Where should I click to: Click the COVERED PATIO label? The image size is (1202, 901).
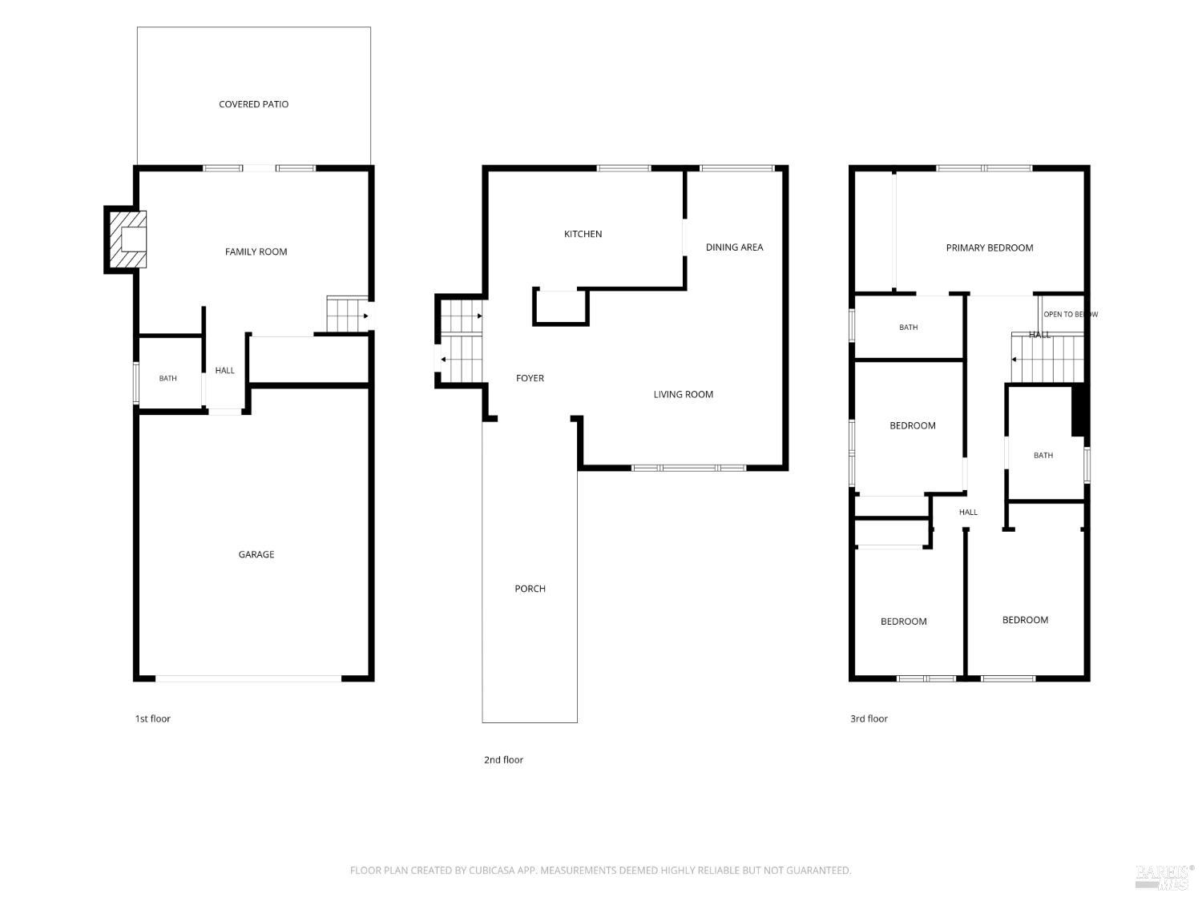coord(253,104)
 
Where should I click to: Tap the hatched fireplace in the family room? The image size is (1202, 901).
coord(128,239)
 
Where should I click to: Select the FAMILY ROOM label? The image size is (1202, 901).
coord(256,251)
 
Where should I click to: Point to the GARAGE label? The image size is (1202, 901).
coord(256,554)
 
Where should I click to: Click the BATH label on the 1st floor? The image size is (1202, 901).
coord(167,378)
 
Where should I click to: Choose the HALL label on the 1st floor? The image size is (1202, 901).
coord(224,370)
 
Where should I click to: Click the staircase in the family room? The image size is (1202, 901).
coord(347,313)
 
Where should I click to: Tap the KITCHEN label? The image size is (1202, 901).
coord(583,234)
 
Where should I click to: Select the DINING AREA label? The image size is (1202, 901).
coord(734,247)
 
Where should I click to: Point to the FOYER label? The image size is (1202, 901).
coord(530,378)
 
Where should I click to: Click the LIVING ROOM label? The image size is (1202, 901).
coord(683,394)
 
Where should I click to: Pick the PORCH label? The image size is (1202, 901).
coord(530,589)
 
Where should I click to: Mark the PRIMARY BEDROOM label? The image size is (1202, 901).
coord(989,247)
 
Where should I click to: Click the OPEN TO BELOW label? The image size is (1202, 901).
coord(1070,314)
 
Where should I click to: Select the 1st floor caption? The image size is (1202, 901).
coord(152,718)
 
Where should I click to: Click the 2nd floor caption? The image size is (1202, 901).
coord(503,759)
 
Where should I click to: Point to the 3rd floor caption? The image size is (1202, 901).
coord(869,718)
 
